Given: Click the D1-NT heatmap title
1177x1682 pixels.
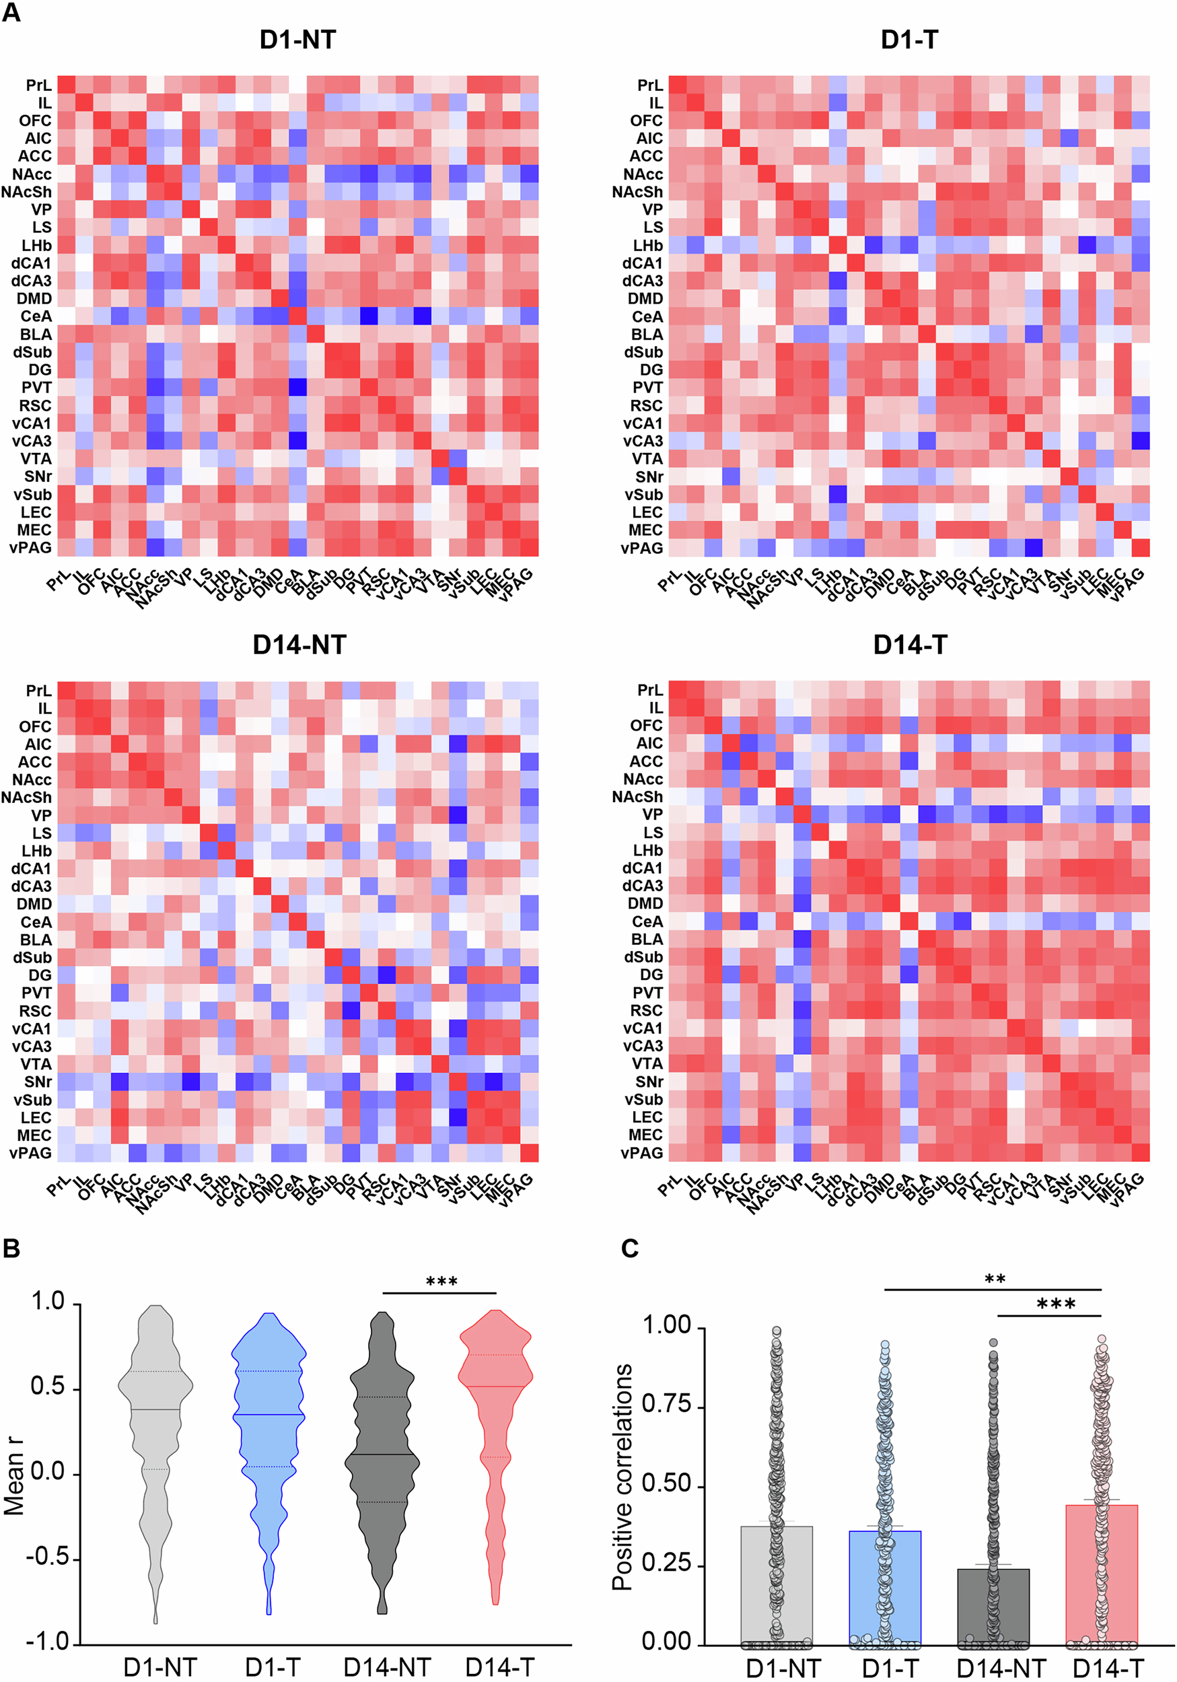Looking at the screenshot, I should [x=297, y=40].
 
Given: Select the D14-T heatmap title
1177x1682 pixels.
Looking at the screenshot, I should [x=909, y=645].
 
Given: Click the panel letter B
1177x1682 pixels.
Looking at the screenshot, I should [x=11, y=1248].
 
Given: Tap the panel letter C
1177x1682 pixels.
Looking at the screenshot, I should [x=629, y=1248].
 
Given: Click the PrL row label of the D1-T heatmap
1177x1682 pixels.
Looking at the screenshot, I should [x=649, y=85].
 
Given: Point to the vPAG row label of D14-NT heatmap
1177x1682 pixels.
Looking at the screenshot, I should [x=31, y=1152].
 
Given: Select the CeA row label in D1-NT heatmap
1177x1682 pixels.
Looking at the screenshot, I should [x=35, y=316].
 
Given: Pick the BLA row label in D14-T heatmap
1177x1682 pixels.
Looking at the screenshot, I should [x=647, y=939].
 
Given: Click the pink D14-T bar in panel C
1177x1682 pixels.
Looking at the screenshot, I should [x=1100, y=1575].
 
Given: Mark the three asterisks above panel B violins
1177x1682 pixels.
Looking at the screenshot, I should [x=441, y=1282].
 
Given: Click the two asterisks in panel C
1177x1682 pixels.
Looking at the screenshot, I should [x=994, y=1279].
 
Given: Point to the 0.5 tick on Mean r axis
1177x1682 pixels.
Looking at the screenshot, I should [x=48, y=1386].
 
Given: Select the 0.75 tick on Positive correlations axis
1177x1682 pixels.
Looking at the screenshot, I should [x=666, y=1403].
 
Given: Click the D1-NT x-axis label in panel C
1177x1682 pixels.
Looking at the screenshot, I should [x=782, y=1668].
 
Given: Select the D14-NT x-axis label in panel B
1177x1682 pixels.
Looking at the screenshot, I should [x=387, y=1667].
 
